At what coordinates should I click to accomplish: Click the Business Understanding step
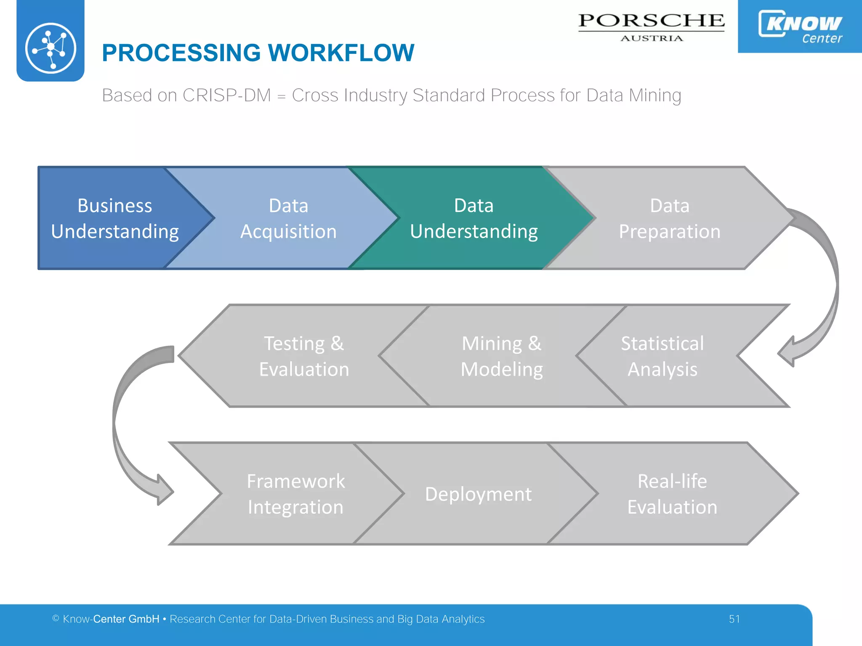[x=114, y=218]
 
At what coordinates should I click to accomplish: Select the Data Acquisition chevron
[x=288, y=218]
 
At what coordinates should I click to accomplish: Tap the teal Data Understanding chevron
[x=474, y=218]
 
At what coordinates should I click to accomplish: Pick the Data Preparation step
[x=669, y=218]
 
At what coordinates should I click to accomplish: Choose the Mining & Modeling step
[x=501, y=356]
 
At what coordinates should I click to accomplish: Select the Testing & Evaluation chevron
[x=303, y=356]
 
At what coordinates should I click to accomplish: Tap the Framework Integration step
[x=295, y=494]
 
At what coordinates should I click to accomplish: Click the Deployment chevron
[x=478, y=494]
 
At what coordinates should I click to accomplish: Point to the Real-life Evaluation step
[x=672, y=494]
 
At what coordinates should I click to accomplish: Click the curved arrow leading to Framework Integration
[x=126, y=425]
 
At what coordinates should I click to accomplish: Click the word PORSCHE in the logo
[x=651, y=21]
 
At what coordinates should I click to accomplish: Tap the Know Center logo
[x=800, y=26]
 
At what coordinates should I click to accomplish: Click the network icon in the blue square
[x=51, y=48]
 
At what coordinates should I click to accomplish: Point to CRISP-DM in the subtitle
[x=226, y=95]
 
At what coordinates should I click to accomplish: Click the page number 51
[x=734, y=619]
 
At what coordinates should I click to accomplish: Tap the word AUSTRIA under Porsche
[x=651, y=38]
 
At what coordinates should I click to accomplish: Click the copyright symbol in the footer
[x=56, y=618]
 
